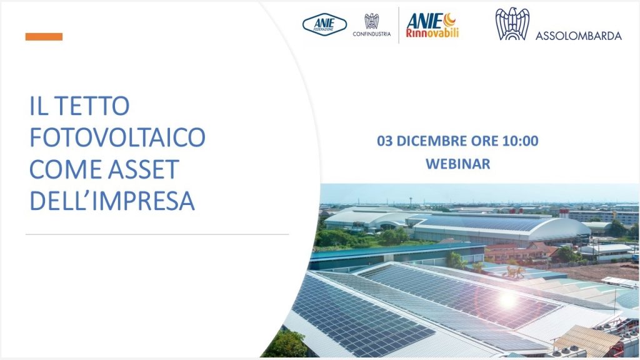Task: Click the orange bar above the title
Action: point(44,37)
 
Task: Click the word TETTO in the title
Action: point(92,106)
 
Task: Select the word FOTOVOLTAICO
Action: point(117,137)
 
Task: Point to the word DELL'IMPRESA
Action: point(112,201)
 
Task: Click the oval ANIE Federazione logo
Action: point(324,24)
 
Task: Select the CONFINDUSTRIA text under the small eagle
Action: point(371,34)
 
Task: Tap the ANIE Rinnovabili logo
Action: point(432,25)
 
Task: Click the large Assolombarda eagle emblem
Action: point(512,24)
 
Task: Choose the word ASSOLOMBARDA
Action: point(578,36)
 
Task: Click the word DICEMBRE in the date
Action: point(432,141)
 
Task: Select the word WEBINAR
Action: point(458,164)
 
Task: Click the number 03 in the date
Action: point(384,141)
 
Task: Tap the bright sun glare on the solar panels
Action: point(507,300)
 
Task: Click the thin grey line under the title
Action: point(157,235)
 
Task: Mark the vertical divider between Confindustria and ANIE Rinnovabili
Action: point(399,25)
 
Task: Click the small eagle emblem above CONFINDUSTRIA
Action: point(371,21)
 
